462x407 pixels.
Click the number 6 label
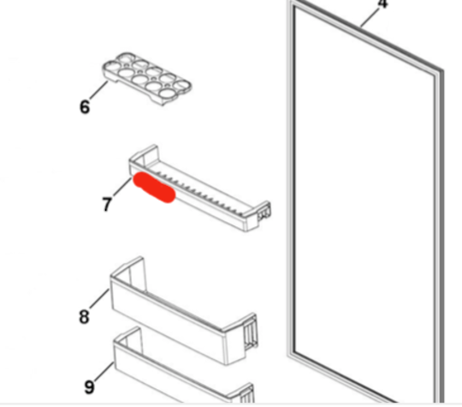click(x=84, y=107)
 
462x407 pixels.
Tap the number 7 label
click(x=106, y=205)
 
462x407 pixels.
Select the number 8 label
click(x=84, y=317)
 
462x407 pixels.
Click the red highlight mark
click(x=154, y=189)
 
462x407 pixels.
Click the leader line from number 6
click(x=99, y=93)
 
